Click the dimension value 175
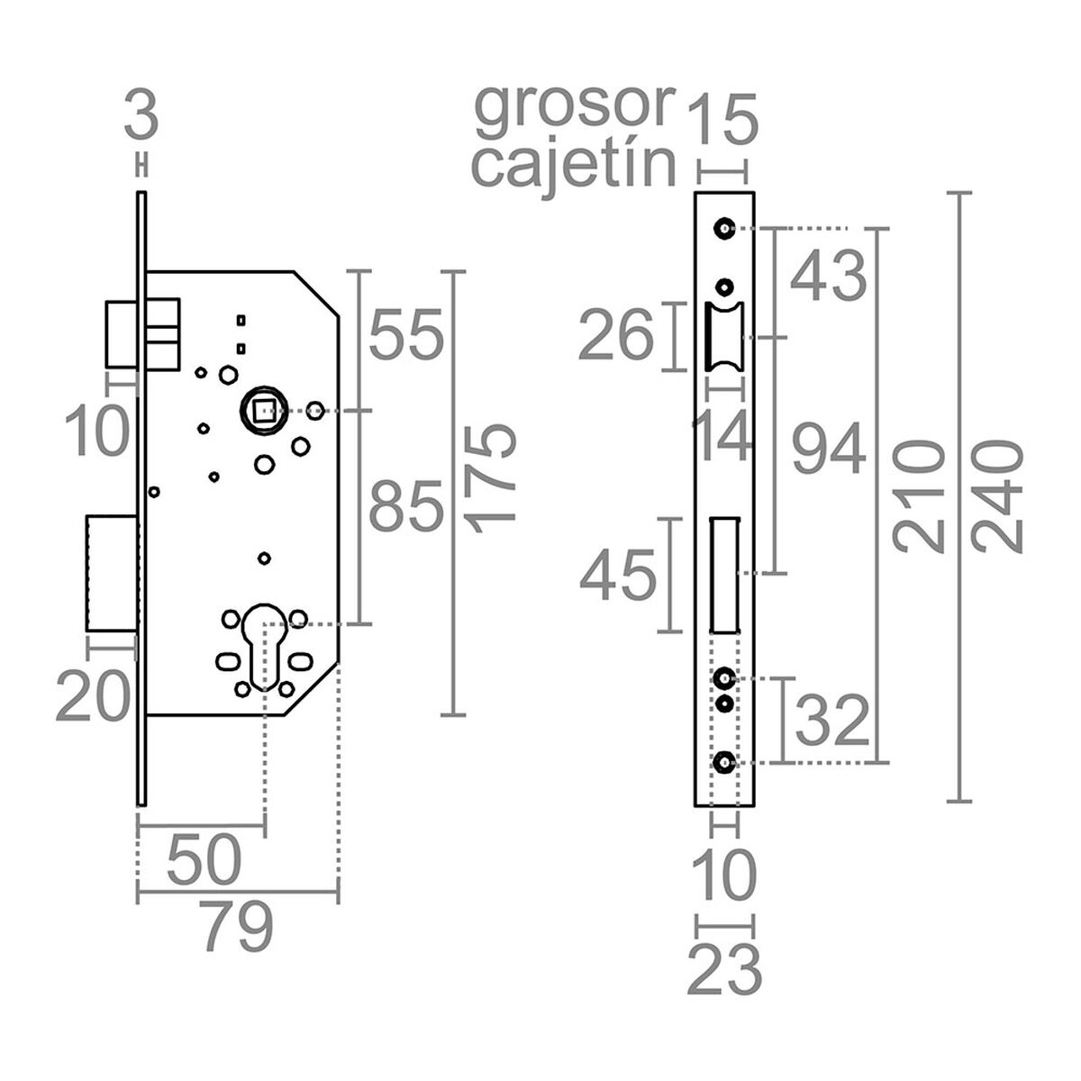point(495,474)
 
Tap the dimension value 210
point(918,496)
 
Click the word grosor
point(574,105)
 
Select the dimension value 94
point(828,450)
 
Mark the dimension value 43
point(828,277)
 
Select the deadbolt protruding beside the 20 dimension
point(112,573)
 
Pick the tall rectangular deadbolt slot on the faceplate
point(724,575)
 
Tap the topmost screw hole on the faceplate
point(722,229)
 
